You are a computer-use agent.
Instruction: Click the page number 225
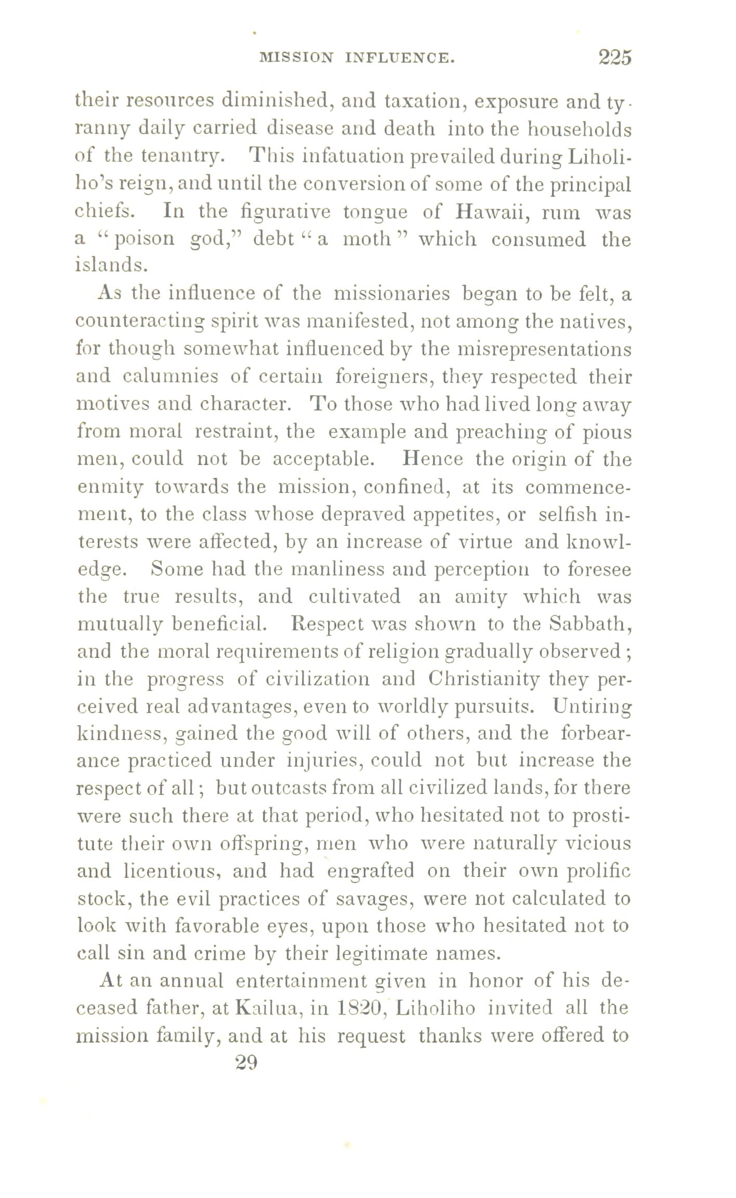point(614,57)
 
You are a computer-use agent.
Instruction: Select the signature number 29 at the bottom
point(246,1063)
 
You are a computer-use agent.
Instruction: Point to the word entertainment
point(299,981)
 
